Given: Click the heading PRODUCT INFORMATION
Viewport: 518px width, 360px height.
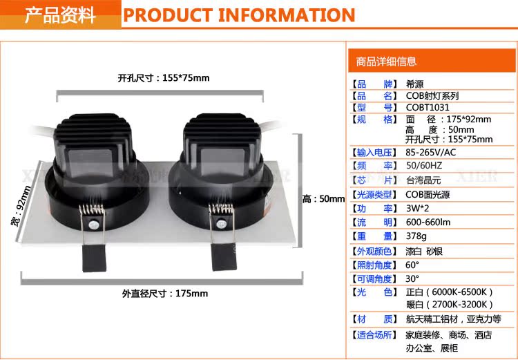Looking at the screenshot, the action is pyautogui.click(x=239, y=15).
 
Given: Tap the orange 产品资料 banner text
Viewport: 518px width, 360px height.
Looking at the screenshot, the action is pyautogui.click(x=60, y=15).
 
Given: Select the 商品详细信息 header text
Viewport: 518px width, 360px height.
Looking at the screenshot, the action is pyautogui.click(x=386, y=61).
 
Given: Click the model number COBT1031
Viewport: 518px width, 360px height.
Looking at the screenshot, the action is pyautogui.click(x=428, y=107).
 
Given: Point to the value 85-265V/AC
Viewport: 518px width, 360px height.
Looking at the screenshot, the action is pyautogui.click(x=430, y=153).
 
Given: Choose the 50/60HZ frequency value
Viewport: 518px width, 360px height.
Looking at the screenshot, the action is pyautogui.click(x=424, y=166).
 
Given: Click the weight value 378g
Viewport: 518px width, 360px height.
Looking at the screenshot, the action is pyautogui.click(x=416, y=236).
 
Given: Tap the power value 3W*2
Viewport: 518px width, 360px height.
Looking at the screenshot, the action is pyautogui.click(x=417, y=208).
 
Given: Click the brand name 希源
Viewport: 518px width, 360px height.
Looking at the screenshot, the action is pyautogui.click(x=414, y=84).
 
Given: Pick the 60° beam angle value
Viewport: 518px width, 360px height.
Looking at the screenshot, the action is pyautogui.click(x=412, y=265).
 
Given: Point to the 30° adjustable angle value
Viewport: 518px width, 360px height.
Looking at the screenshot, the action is pyautogui.click(x=412, y=278).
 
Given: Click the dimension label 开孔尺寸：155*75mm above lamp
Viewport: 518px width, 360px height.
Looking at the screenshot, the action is pyautogui.click(x=164, y=78).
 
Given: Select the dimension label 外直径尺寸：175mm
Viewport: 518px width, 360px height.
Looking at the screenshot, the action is pyautogui.click(x=165, y=294).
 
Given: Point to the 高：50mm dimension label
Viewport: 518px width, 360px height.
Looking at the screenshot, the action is pyautogui.click(x=323, y=199).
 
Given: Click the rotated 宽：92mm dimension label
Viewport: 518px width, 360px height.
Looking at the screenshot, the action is pyautogui.click(x=21, y=207).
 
